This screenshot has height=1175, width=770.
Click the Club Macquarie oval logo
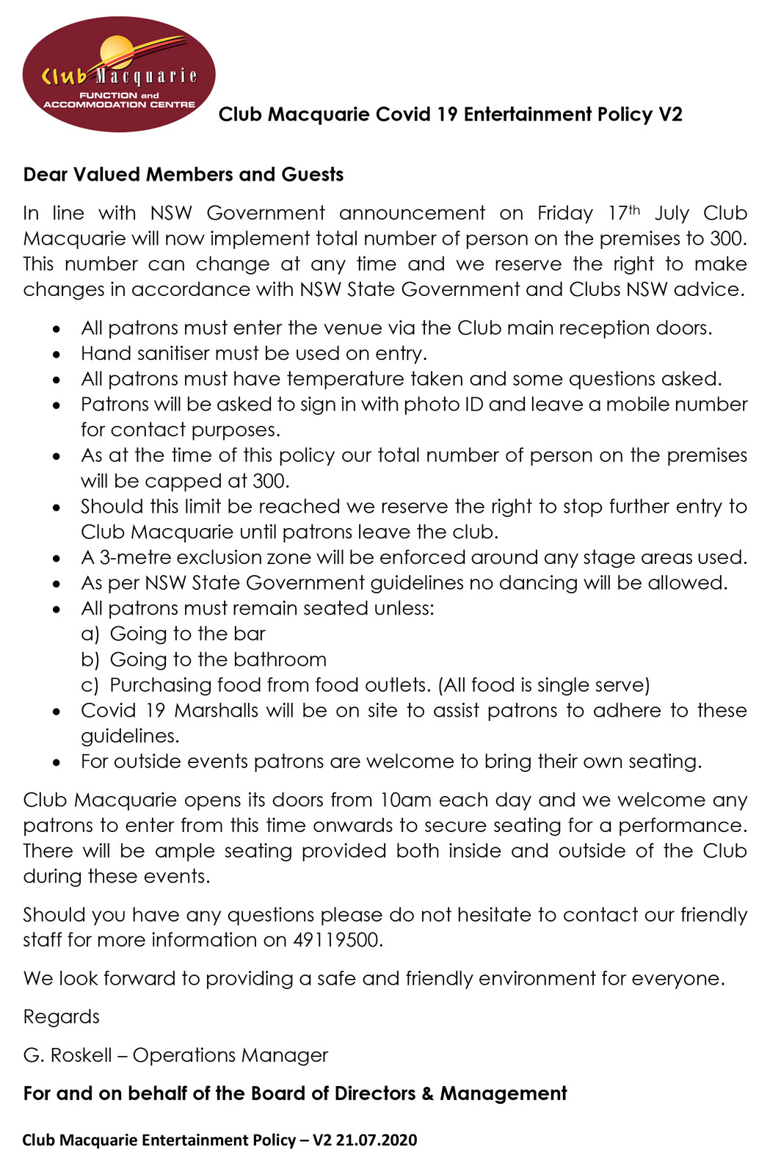[x=119, y=75]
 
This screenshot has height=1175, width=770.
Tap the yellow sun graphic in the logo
[x=117, y=53]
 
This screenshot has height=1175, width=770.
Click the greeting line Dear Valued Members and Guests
[x=184, y=175]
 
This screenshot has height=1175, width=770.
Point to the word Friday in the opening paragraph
[x=564, y=214]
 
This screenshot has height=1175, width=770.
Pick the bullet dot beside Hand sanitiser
[x=57, y=355]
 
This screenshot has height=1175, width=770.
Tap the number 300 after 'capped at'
[x=269, y=481]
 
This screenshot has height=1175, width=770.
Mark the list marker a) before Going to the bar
[x=90, y=634]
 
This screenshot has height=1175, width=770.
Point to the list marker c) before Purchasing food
[x=90, y=685]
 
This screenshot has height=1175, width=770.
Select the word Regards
[x=61, y=1017]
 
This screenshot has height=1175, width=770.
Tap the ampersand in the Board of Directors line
[x=427, y=1093]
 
